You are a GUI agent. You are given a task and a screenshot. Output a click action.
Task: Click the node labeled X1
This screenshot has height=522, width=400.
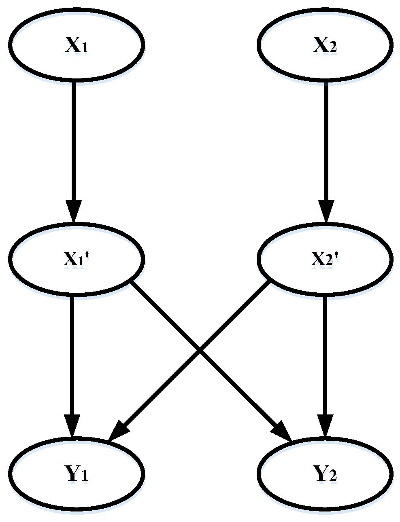point(76,44)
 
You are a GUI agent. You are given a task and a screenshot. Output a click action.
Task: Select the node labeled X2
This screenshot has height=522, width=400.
point(325,44)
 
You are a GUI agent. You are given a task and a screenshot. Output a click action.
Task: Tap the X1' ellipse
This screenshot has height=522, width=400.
point(76,259)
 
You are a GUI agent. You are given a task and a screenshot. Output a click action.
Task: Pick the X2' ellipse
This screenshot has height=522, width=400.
point(325,259)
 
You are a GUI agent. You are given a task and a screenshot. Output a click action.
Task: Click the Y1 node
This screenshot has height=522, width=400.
point(76,473)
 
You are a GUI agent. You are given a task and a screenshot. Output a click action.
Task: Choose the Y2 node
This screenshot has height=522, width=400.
point(325,473)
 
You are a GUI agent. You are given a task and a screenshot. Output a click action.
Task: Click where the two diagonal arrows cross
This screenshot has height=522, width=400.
point(199,350)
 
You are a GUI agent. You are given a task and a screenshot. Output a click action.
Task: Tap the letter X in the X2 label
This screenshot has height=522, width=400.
point(320,46)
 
